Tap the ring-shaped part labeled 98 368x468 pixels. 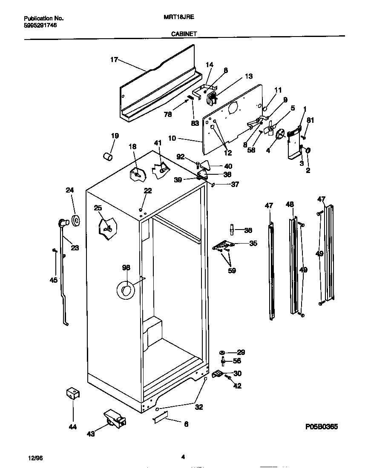pyautogui.click(x=125, y=290)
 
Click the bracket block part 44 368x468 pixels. pyautogui.click(x=73, y=393)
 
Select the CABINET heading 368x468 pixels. pyautogui.click(x=184, y=34)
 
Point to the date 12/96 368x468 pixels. pyautogui.click(x=35, y=458)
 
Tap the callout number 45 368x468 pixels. pyautogui.click(x=53, y=280)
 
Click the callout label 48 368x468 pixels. pyautogui.click(x=290, y=204)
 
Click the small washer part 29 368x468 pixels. pyautogui.click(x=222, y=353)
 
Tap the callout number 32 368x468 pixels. pyautogui.click(x=198, y=407)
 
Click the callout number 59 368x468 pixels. pyautogui.click(x=232, y=270)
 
